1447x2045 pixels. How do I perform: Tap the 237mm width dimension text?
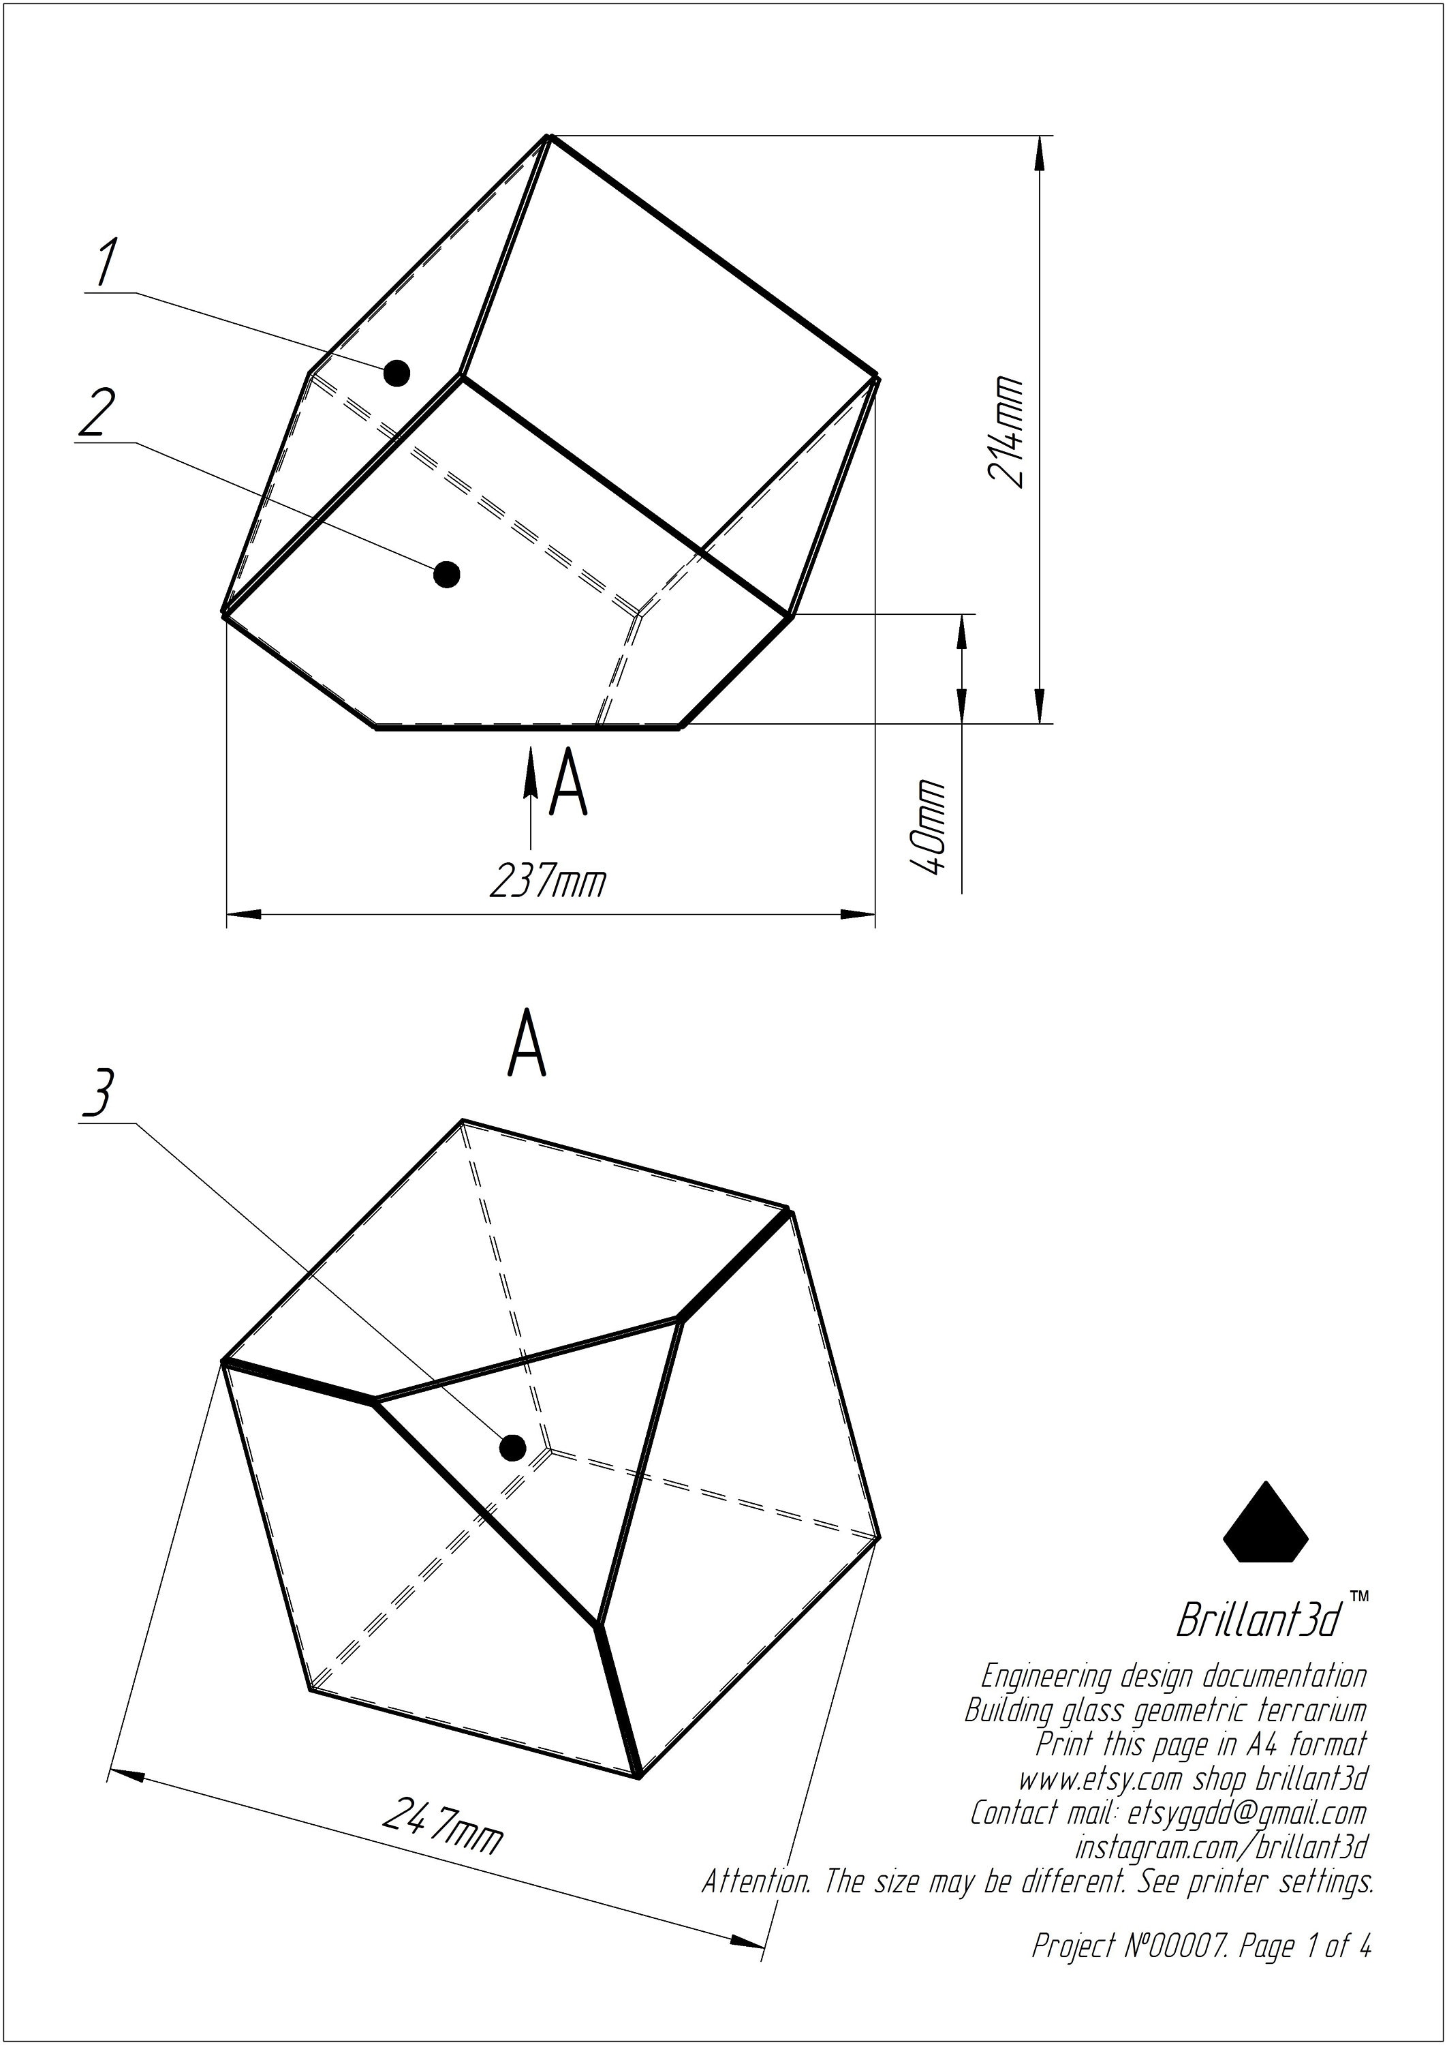(x=547, y=881)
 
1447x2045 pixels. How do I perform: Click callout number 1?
(x=106, y=264)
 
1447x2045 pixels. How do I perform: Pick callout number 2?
(x=97, y=412)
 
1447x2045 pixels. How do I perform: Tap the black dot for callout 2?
(x=446, y=574)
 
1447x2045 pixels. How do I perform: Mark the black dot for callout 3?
(x=512, y=1448)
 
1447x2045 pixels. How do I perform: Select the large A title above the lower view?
(x=527, y=1042)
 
